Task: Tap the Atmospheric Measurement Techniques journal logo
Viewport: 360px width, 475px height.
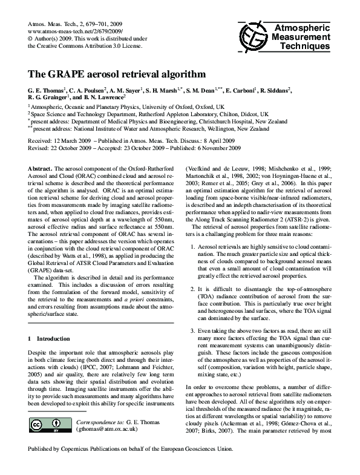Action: coord(284,37)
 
